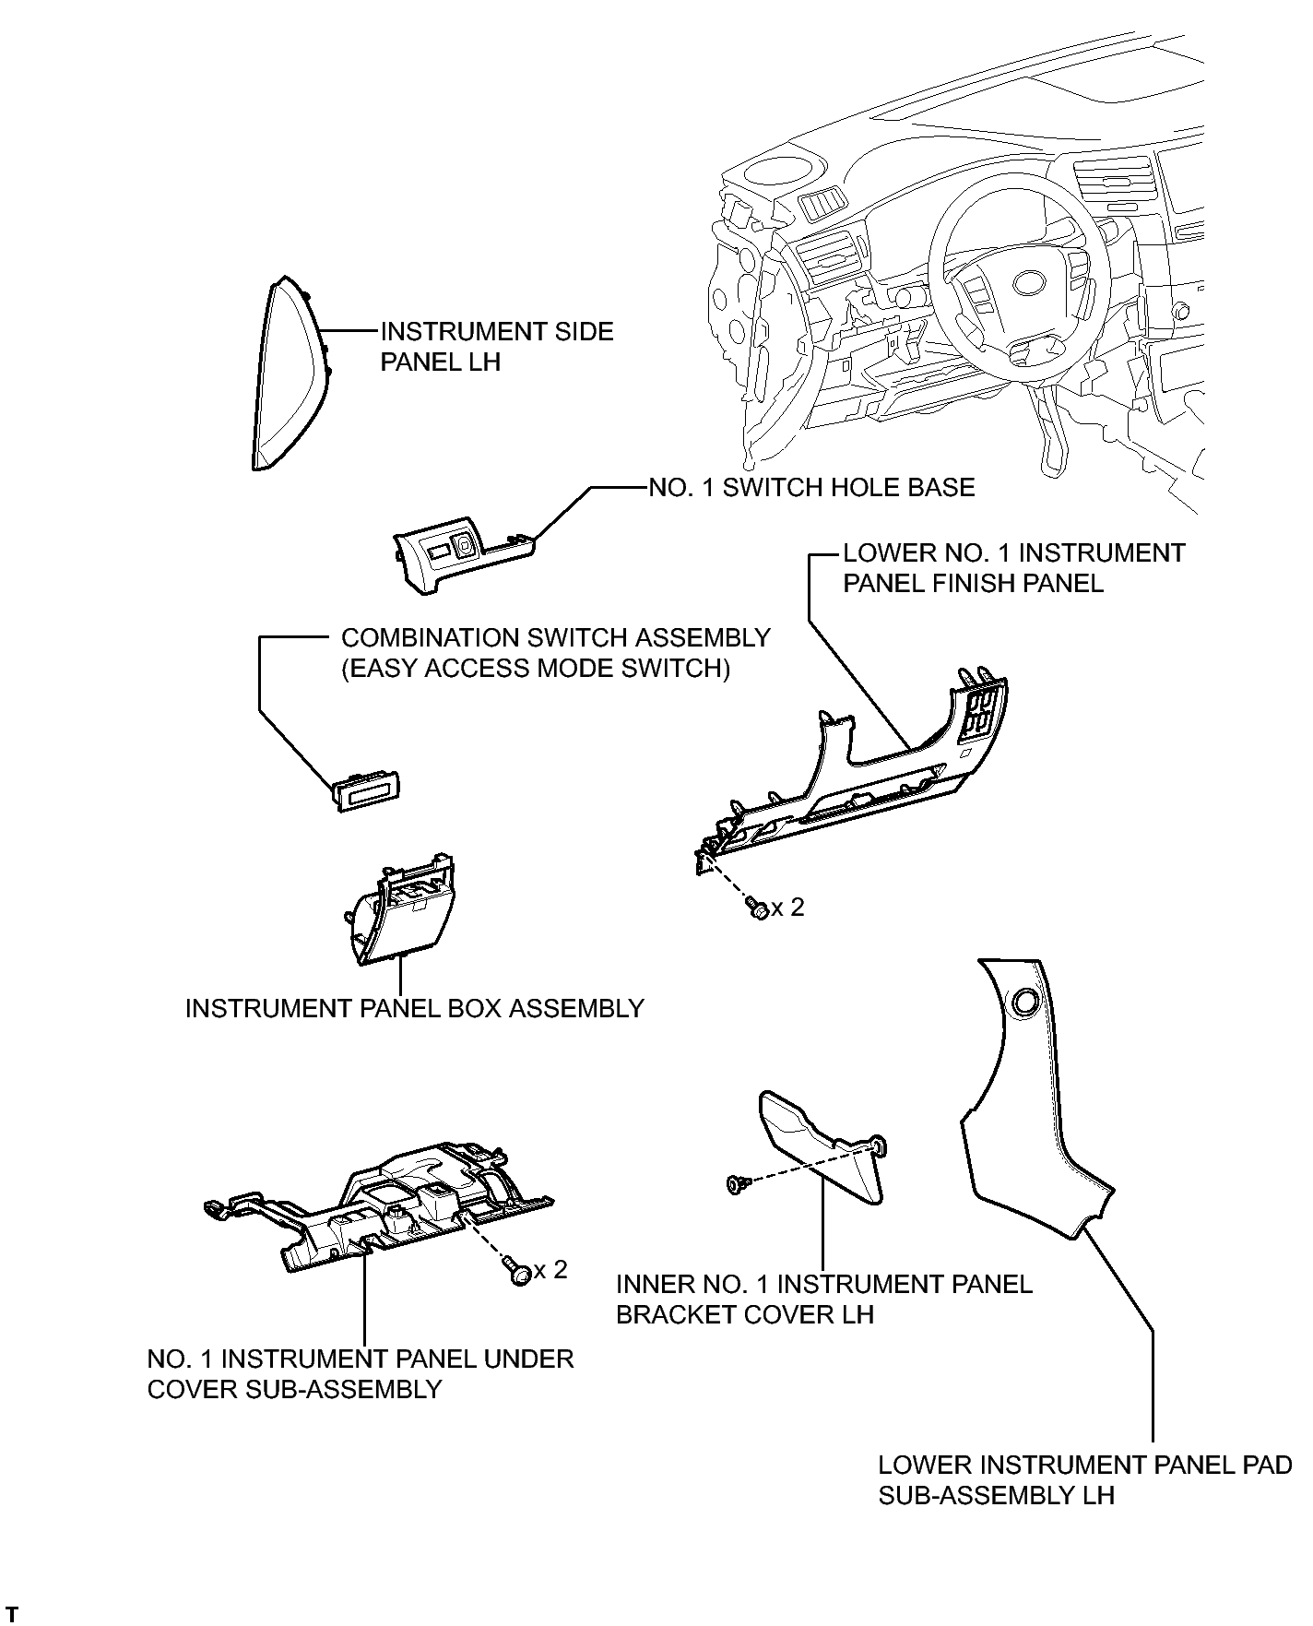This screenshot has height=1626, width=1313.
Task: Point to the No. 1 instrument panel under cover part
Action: tap(378, 1208)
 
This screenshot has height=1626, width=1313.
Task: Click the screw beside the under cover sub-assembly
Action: tap(519, 1272)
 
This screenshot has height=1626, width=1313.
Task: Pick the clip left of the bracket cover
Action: tap(737, 1183)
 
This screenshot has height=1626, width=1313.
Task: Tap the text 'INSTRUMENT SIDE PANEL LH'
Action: tap(497, 346)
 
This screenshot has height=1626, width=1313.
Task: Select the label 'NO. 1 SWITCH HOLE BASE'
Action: tap(811, 487)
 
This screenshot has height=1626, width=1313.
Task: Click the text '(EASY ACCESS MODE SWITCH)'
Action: tap(536, 668)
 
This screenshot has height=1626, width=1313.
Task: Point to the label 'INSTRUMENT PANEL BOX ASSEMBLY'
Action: tap(414, 1008)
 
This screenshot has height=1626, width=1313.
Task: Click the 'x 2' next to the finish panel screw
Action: tap(788, 908)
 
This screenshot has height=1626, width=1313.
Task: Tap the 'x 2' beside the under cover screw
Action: tap(550, 1269)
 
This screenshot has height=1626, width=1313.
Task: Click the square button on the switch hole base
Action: tap(465, 547)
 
